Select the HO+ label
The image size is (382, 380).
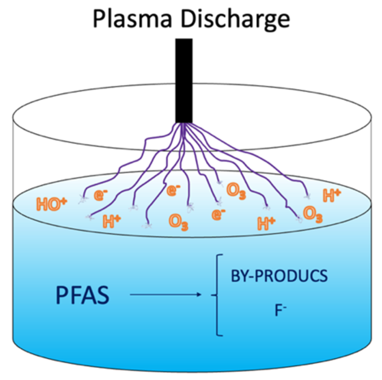(51, 204)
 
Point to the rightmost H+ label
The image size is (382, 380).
(332, 195)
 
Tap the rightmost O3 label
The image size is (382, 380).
(312, 216)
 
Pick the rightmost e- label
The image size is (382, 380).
(219, 215)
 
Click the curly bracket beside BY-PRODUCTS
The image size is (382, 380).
(217, 295)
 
